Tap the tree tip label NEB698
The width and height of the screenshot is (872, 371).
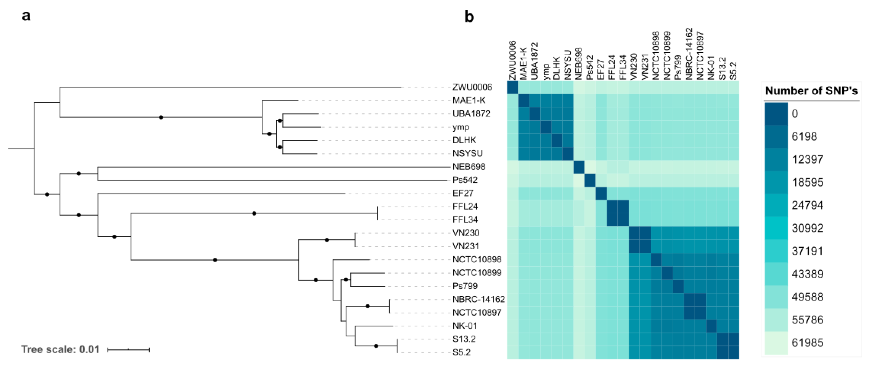pos(469,167)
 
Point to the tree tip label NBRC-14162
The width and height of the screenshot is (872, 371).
pos(478,299)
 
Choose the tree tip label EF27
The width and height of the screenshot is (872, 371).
pos(463,193)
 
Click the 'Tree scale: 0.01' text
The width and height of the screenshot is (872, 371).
pos(60,349)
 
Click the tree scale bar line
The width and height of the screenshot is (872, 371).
pos(128,349)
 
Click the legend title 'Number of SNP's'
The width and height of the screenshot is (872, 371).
pos(811,91)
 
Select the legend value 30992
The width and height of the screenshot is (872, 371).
pos(807,228)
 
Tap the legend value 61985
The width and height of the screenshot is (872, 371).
pos(807,342)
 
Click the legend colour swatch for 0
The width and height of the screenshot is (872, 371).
pos(776,114)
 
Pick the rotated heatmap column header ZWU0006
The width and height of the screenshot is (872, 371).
pos(513,60)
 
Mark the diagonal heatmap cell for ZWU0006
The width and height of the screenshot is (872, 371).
pos(513,87)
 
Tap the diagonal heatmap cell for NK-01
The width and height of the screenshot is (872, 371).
pos(711,326)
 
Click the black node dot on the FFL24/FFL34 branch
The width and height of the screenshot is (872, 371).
pos(254,213)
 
